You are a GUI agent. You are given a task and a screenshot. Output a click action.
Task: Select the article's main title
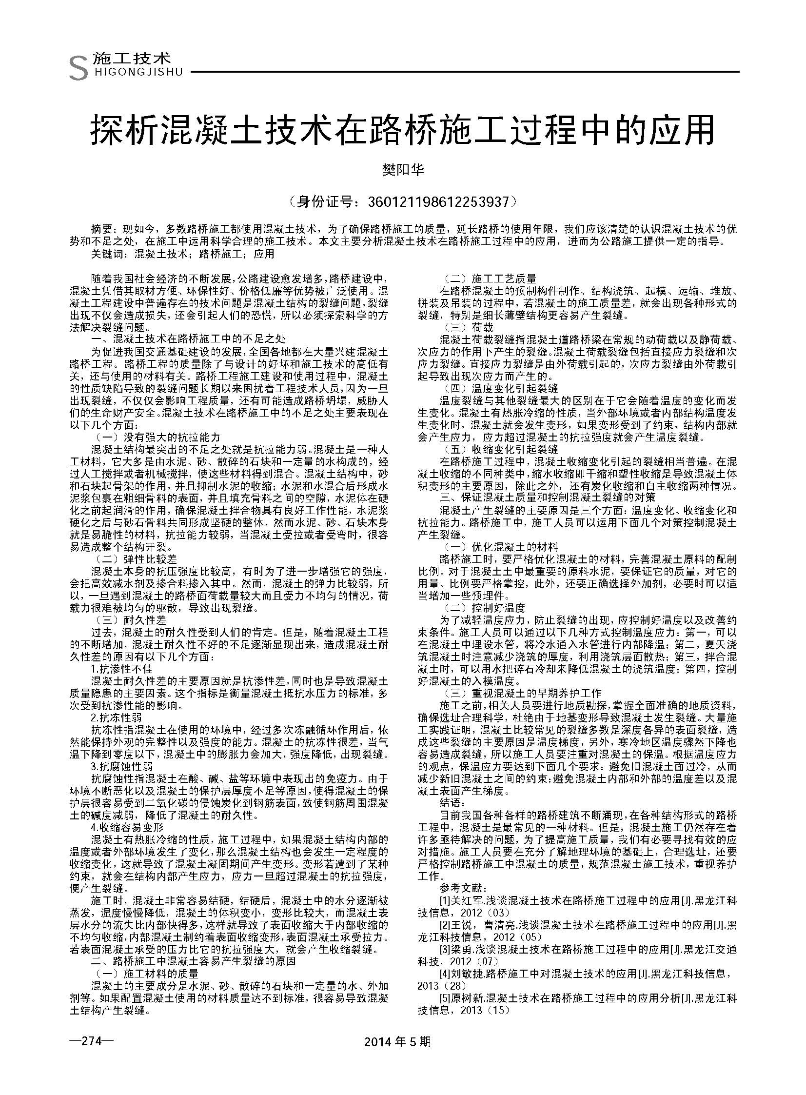tap(402, 129)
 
